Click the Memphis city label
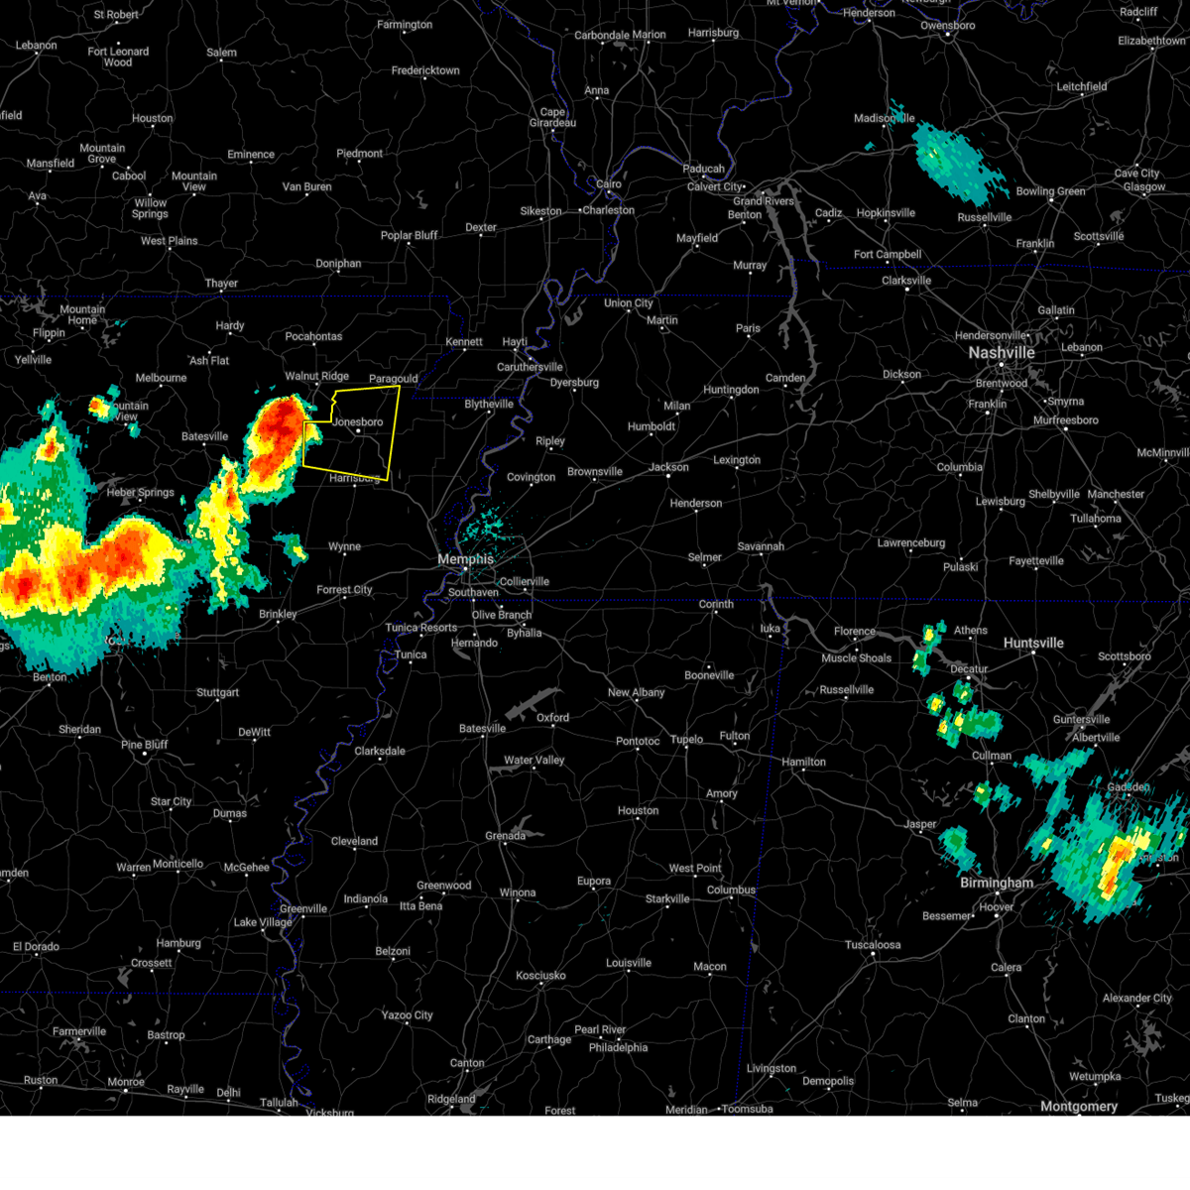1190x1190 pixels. [x=466, y=559]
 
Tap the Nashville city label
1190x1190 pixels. [x=1002, y=353]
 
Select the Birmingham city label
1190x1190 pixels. [x=997, y=883]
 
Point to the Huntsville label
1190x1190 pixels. [x=1033, y=643]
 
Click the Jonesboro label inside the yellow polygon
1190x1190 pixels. [x=358, y=422]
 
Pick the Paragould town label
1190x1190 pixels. [x=393, y=379]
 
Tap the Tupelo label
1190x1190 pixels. [x=686, y=739]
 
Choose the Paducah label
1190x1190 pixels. [x=704, y=169]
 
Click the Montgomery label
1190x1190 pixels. [x=1079, y=1106]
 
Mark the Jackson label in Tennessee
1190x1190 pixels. [x=668, y=467]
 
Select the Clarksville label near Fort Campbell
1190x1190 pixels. [x=906, y=281]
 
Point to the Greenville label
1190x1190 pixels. [x=303, y=908]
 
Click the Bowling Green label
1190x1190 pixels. [x=1050, y=191]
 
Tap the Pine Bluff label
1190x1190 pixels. [x=145, y=745]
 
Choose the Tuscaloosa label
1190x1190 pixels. [x=873, y=945]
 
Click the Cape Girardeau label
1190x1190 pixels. [x=552, y=117]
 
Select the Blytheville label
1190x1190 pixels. [x=489, y=405]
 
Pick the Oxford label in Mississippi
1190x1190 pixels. [x=553, y=717]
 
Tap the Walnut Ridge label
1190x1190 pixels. [x=316, y=377]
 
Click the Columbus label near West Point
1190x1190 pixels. [x=731, y=890]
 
